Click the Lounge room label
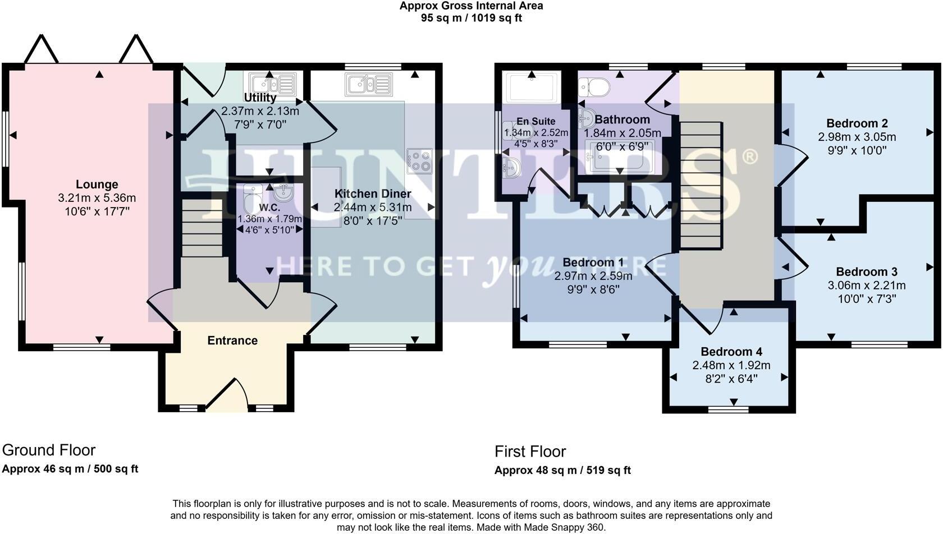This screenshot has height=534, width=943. pos(97,185)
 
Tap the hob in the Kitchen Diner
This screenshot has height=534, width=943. pos(420,161)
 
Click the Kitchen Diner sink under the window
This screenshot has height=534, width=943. pos(369,84)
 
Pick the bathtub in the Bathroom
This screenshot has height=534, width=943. pos(620,156)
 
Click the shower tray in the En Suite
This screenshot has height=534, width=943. pos(532,87)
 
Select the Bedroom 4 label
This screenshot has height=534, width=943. pos(732,351)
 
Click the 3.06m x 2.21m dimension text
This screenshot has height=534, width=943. pos(867,286)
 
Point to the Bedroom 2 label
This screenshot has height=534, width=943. pos(857,123)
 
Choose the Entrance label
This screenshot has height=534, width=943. pos(232,340)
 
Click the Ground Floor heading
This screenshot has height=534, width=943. pos(49,450)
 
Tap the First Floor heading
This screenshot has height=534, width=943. pos(530,452)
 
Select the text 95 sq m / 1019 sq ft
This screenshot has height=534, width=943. pos(471,18)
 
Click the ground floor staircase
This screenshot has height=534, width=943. pos(202,228)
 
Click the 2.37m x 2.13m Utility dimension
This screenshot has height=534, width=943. pos(260,111)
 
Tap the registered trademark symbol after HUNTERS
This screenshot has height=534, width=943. pos(750,158)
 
